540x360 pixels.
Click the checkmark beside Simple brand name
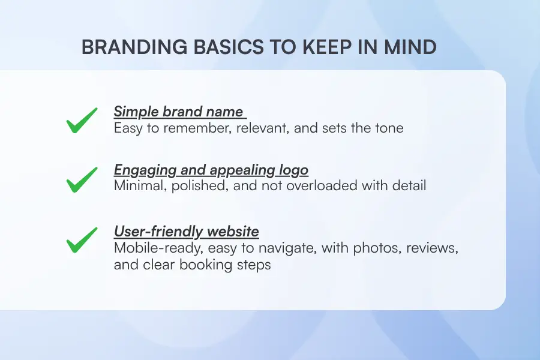pos(82,121)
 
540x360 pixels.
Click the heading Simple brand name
pos(178,112)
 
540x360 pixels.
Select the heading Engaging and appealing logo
pos(211,170)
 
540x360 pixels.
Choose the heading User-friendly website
pos(186,231)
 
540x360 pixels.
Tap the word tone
pos(388,128)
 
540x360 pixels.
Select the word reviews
pos(431,248)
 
